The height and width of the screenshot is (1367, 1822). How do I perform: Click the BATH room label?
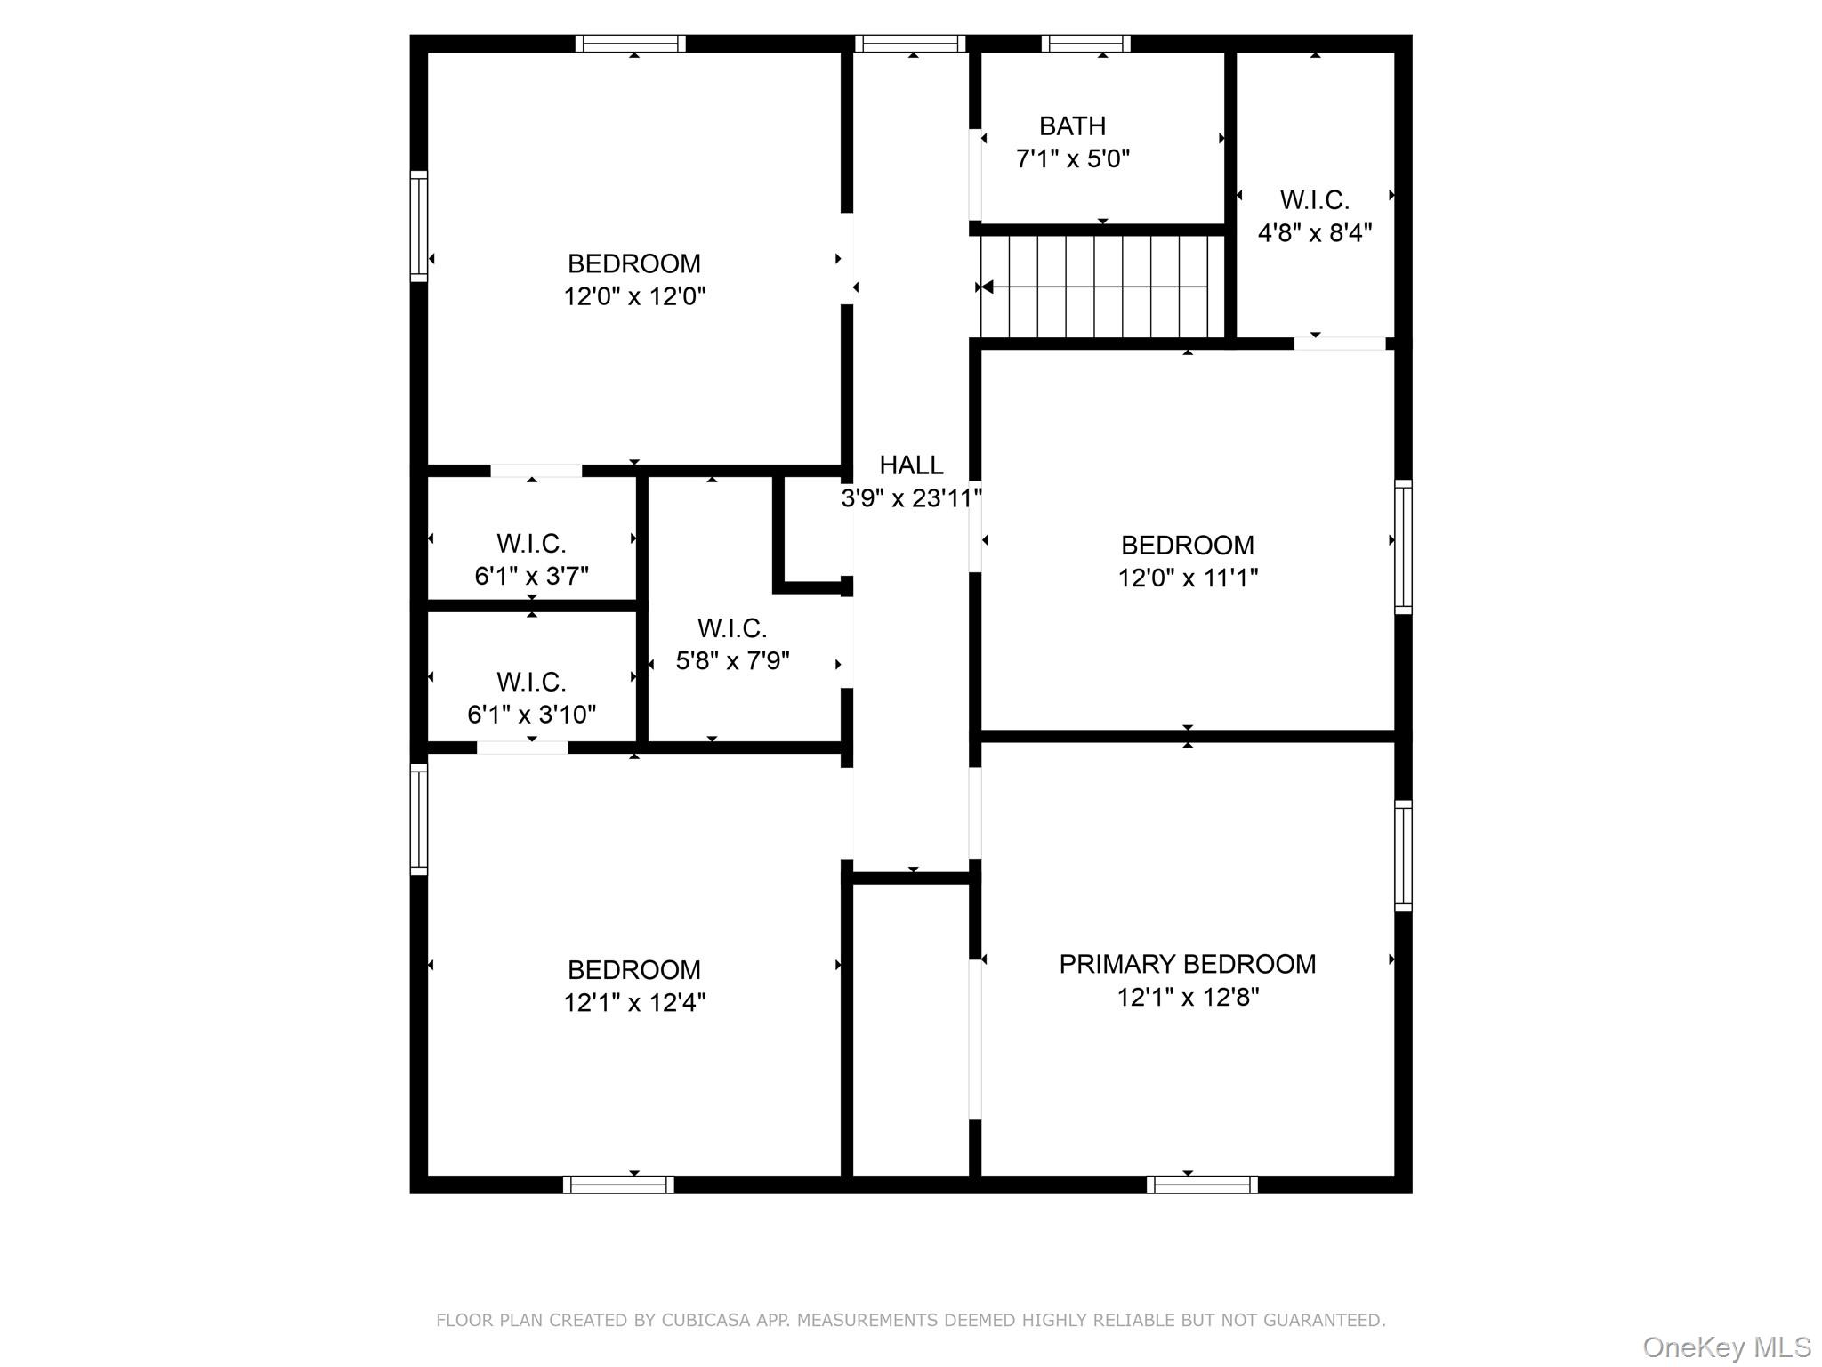click(x=1072, y=125)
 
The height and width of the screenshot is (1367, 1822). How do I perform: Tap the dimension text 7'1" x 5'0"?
click(x=1072, y=158)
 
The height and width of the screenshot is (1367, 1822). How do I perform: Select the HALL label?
click(x=911, y=465)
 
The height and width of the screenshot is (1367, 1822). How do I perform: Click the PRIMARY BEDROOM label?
click(x=1187, y=964)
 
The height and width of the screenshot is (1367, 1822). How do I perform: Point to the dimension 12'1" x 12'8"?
click(x=1187, y=997)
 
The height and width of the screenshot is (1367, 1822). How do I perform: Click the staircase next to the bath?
click(x=1102, y=287)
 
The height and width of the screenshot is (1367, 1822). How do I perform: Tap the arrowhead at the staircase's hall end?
click(x=986, y=287)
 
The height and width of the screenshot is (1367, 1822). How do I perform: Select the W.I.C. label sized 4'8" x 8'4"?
click(x=1314, y=200)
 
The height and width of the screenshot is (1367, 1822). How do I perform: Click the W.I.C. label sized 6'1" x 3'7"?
click(x=531, y=543)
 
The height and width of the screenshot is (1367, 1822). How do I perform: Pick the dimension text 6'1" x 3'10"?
click(x=531, y=714)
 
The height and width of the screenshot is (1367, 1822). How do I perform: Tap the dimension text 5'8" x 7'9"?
click(x=732, y=660)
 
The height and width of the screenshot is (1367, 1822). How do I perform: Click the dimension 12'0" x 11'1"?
click(x=1187, y=578)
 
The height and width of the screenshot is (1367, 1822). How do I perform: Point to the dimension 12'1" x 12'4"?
click(x=633, y=1002)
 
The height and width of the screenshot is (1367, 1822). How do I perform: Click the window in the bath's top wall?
click(x=1085, y=44)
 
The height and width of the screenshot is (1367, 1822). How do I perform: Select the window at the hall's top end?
click(x=910, y=44)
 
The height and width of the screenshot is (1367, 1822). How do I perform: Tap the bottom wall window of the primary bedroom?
click(x=1202, y=1185)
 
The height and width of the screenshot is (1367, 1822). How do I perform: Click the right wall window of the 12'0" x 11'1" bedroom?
click(x=1403, y=546)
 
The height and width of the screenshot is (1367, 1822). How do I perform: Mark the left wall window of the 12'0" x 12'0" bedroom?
click(x=419, y=226)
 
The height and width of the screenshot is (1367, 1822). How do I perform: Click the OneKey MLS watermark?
click(x=1727, y=1347)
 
